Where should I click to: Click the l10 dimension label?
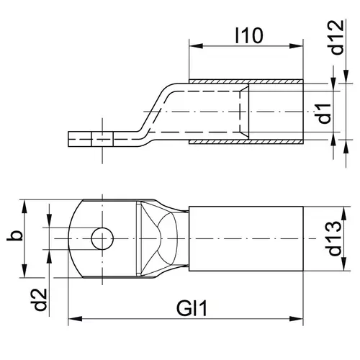coord(249,36)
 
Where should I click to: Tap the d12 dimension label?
coord(337,37)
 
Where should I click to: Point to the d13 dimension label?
coord(334,238)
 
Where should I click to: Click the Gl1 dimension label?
coord(192,309)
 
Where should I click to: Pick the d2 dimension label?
coord(39,300)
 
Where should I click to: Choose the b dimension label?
coord(15,236)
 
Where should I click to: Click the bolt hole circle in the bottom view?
coord(102,239)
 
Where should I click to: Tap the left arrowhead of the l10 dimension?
coord(196,46)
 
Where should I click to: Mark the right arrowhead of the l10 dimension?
coord(297,46)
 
